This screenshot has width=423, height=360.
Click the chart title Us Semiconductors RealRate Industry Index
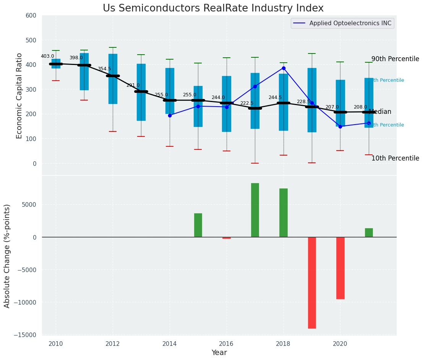tap(213, 8)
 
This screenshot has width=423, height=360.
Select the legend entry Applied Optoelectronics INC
tap(350, 23)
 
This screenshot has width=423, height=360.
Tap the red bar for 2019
tap(312, 282)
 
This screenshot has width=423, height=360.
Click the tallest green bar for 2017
tap(255, 210)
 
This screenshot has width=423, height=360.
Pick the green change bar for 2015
tap(198, 225)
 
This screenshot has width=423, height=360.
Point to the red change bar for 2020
tap(340, 268)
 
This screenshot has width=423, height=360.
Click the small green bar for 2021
tap(369, 232)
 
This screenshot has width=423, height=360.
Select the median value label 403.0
tap(48, 56)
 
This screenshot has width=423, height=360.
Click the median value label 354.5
tap(104, 69)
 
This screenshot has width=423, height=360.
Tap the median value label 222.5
tap(247, 103)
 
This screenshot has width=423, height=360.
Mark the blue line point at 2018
tap(284, 68)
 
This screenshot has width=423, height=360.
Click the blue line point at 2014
tap(170, 115)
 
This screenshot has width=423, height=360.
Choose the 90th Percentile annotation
tap(395, 59)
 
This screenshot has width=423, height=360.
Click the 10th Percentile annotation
tap(395, 158)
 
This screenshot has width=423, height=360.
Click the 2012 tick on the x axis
tap(113, 344)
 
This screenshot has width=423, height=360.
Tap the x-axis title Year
tap(219, 353)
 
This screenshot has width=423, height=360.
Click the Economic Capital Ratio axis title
tap(19, 95)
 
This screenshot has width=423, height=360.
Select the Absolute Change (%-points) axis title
tap(7, 256)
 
